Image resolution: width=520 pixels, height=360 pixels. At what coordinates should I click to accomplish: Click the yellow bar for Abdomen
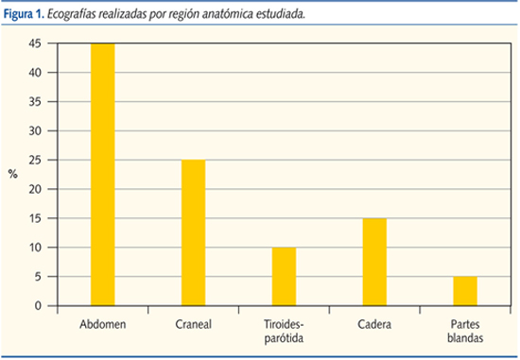click(x=102, y=175)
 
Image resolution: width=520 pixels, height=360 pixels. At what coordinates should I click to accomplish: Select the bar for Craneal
click(x=193, y=232)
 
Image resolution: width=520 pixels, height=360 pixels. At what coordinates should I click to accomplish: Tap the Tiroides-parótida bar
click(x=284, y=276)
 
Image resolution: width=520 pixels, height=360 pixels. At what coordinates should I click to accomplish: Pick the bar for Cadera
click(x=374, y=262)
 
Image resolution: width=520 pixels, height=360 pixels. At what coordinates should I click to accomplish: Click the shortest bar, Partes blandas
click(x=464, y=291)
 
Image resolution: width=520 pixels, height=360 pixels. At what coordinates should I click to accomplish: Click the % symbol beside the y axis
click(x=12, y=174)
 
